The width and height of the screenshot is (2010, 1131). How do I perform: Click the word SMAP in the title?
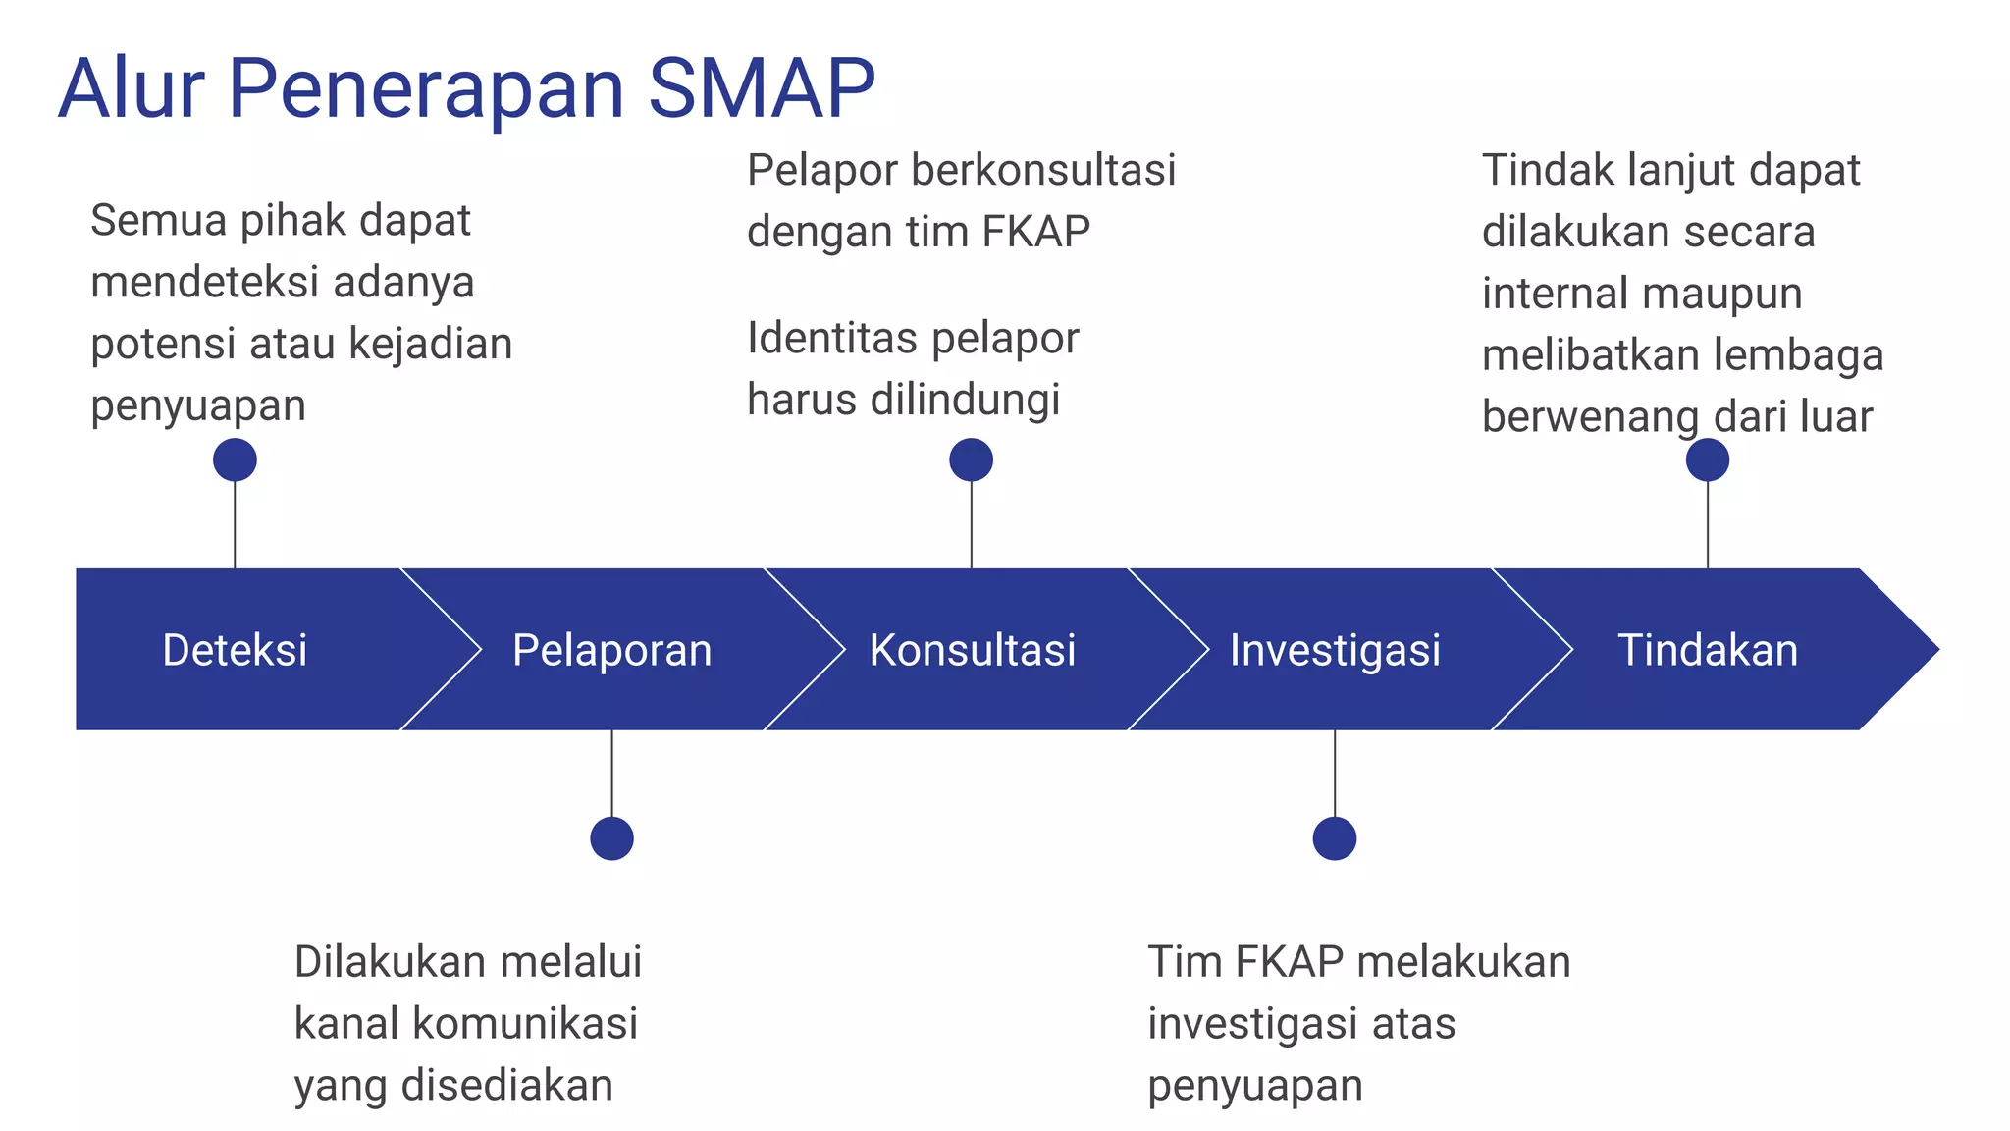761,88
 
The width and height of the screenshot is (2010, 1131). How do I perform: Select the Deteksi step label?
235,650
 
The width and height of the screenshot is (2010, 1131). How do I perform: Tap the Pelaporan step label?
611,650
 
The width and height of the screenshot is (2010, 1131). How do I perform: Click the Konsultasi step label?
972,650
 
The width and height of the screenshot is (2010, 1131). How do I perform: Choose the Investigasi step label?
1335,650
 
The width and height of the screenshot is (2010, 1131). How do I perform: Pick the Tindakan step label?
1707,650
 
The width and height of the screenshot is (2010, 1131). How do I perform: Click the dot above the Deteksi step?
235,459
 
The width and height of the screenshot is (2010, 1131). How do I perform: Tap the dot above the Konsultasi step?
972,459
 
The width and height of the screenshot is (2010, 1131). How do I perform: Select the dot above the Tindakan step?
1707,459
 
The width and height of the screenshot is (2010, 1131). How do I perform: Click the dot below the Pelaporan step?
611,838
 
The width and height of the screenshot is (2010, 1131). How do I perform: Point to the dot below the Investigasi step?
1335,838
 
